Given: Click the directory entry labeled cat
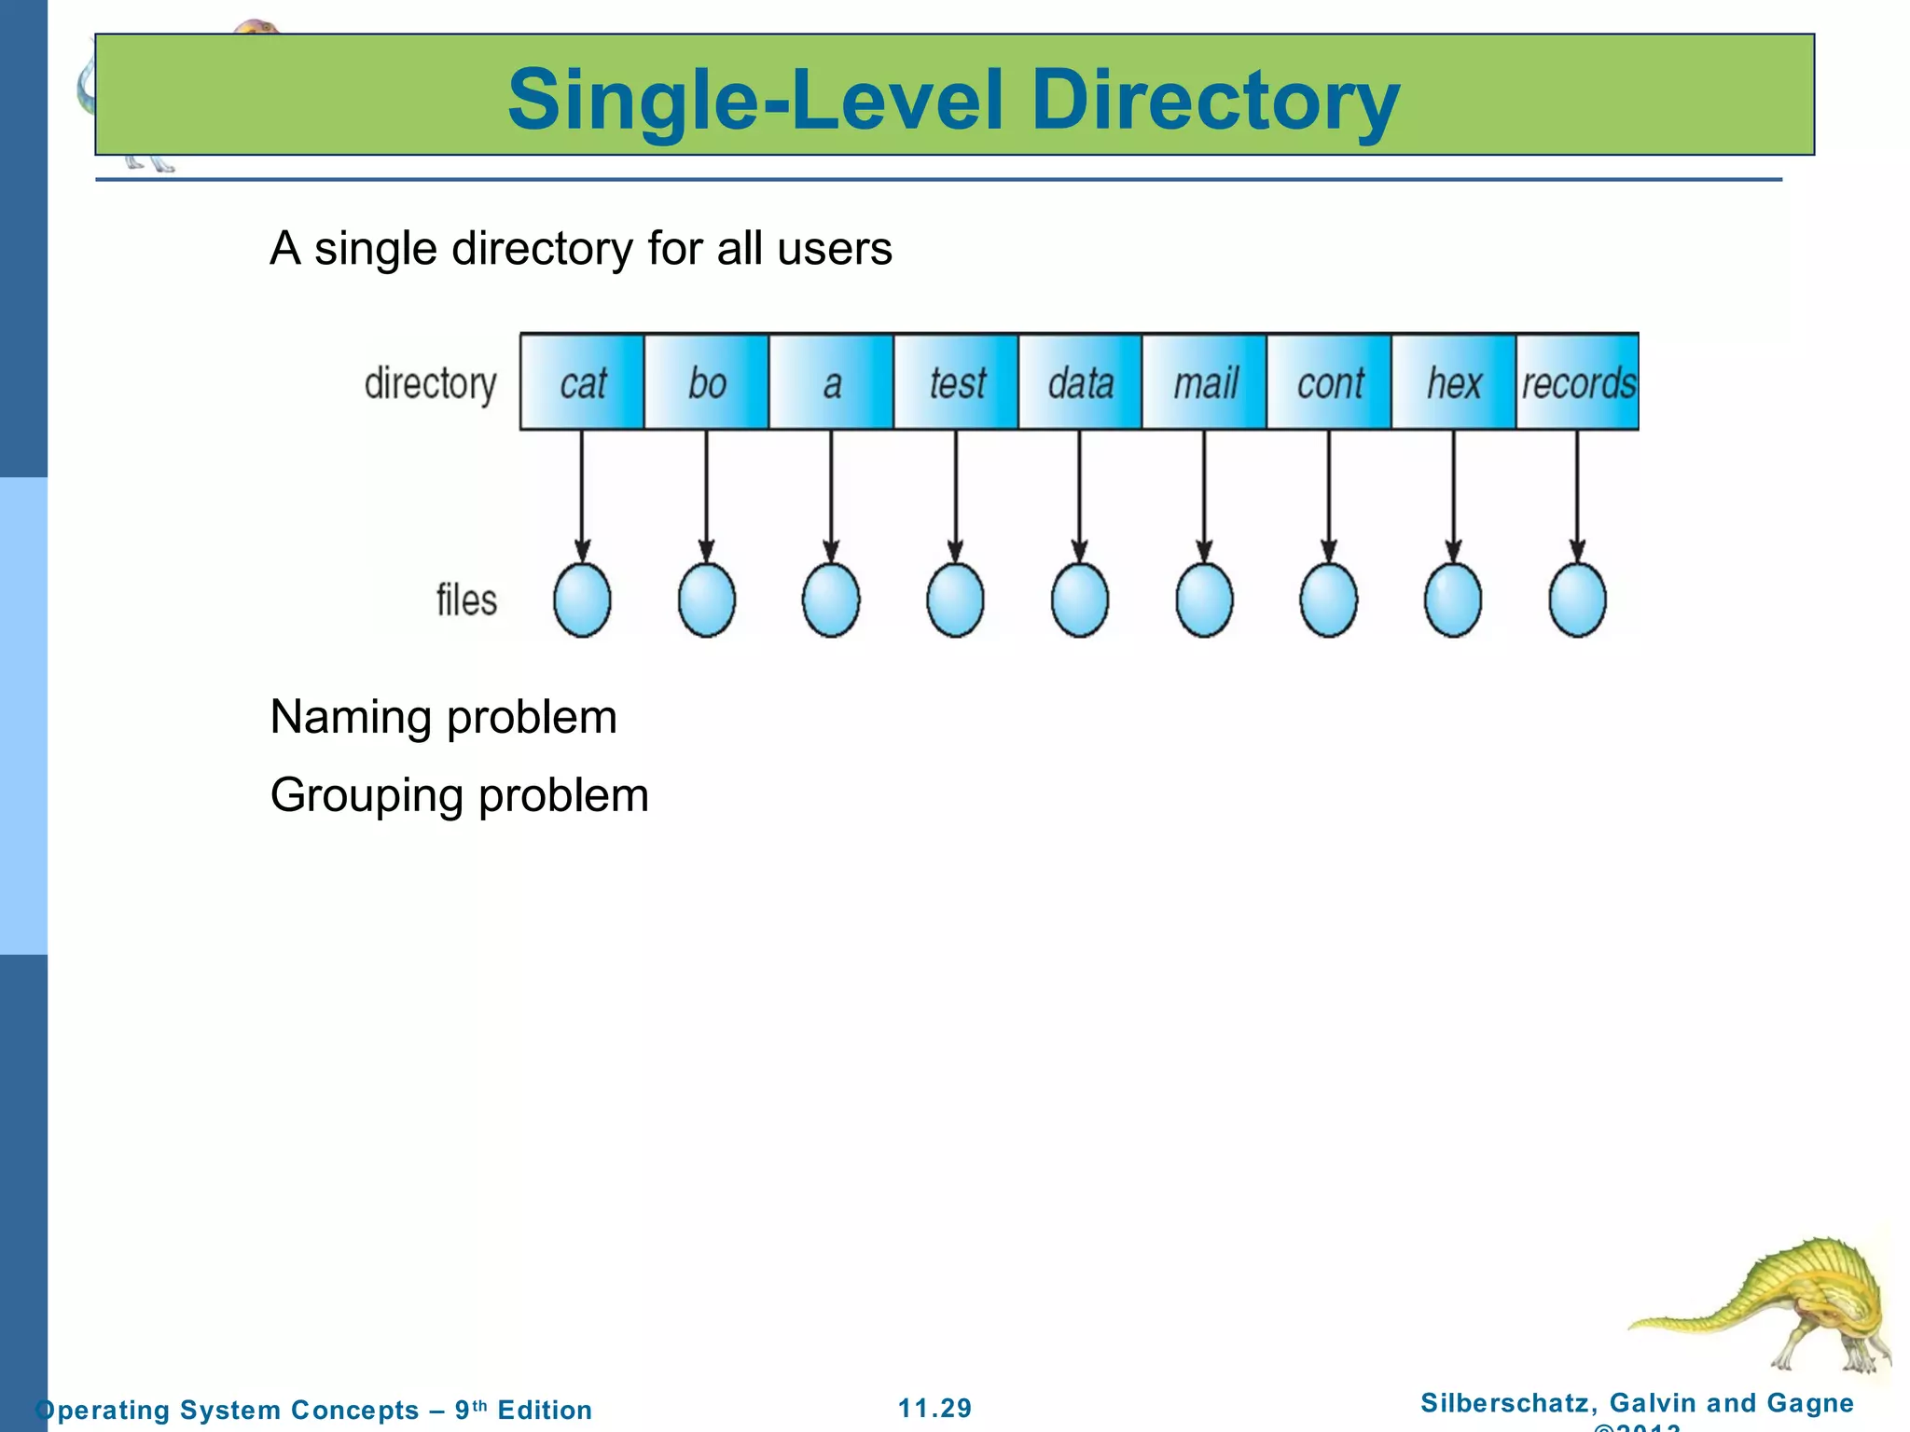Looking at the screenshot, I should (582, 382).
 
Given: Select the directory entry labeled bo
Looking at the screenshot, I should (707, 382).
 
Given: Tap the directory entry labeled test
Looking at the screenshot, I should (956, 382).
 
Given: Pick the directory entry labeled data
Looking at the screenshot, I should (1080, 382).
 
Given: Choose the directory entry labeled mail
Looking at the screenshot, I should (1205, 382).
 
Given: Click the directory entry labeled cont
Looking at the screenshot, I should (1329, 382).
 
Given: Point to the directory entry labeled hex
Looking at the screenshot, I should (1453, 382).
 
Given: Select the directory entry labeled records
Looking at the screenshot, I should (1578, 382).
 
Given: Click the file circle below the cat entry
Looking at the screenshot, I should (582, 600).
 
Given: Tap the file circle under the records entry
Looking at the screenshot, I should (1578, 600).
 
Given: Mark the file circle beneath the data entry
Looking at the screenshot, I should (1080, 600).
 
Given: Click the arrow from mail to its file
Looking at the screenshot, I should (1204, 494).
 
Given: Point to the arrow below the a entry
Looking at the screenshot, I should (831, 494).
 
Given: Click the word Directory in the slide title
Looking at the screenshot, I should (1214, 101).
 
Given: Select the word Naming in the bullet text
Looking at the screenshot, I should (351, 718).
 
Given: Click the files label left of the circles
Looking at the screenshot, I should (466, 600).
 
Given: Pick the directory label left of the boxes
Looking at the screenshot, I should (430, 384).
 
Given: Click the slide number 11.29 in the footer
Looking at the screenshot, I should (934, 1408).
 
